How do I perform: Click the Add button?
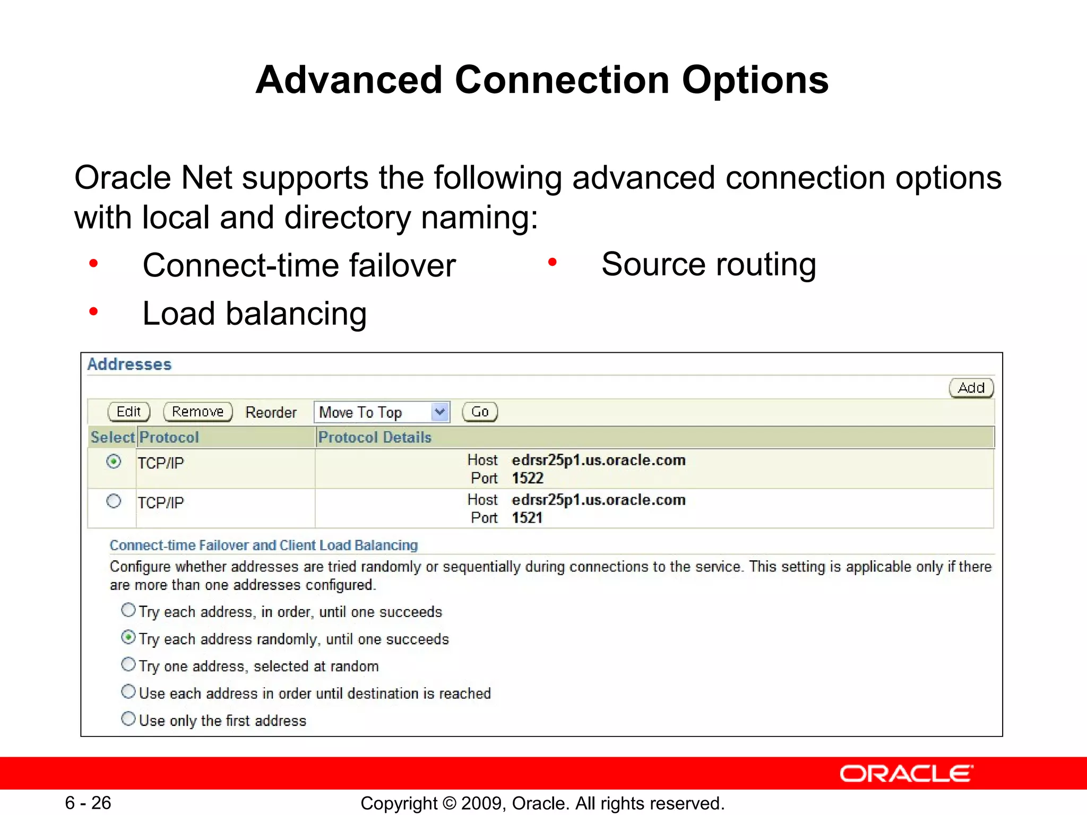971,388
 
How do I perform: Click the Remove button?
197,412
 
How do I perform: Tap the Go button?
480,412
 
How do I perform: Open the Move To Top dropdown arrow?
439,412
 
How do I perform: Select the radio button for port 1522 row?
114,461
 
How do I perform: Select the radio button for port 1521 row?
114,501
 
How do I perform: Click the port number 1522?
528,478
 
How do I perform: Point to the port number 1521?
528,518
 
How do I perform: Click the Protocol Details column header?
375,437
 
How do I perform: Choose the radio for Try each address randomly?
128,637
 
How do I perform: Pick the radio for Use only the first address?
128,718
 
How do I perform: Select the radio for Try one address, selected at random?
128,664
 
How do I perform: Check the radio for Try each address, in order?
128,610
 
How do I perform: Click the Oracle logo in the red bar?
906,774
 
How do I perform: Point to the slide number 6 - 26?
88,803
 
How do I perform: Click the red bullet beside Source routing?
553,262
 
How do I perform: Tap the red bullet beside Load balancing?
94,311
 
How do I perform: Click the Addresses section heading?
130,365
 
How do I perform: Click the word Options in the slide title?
755,81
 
